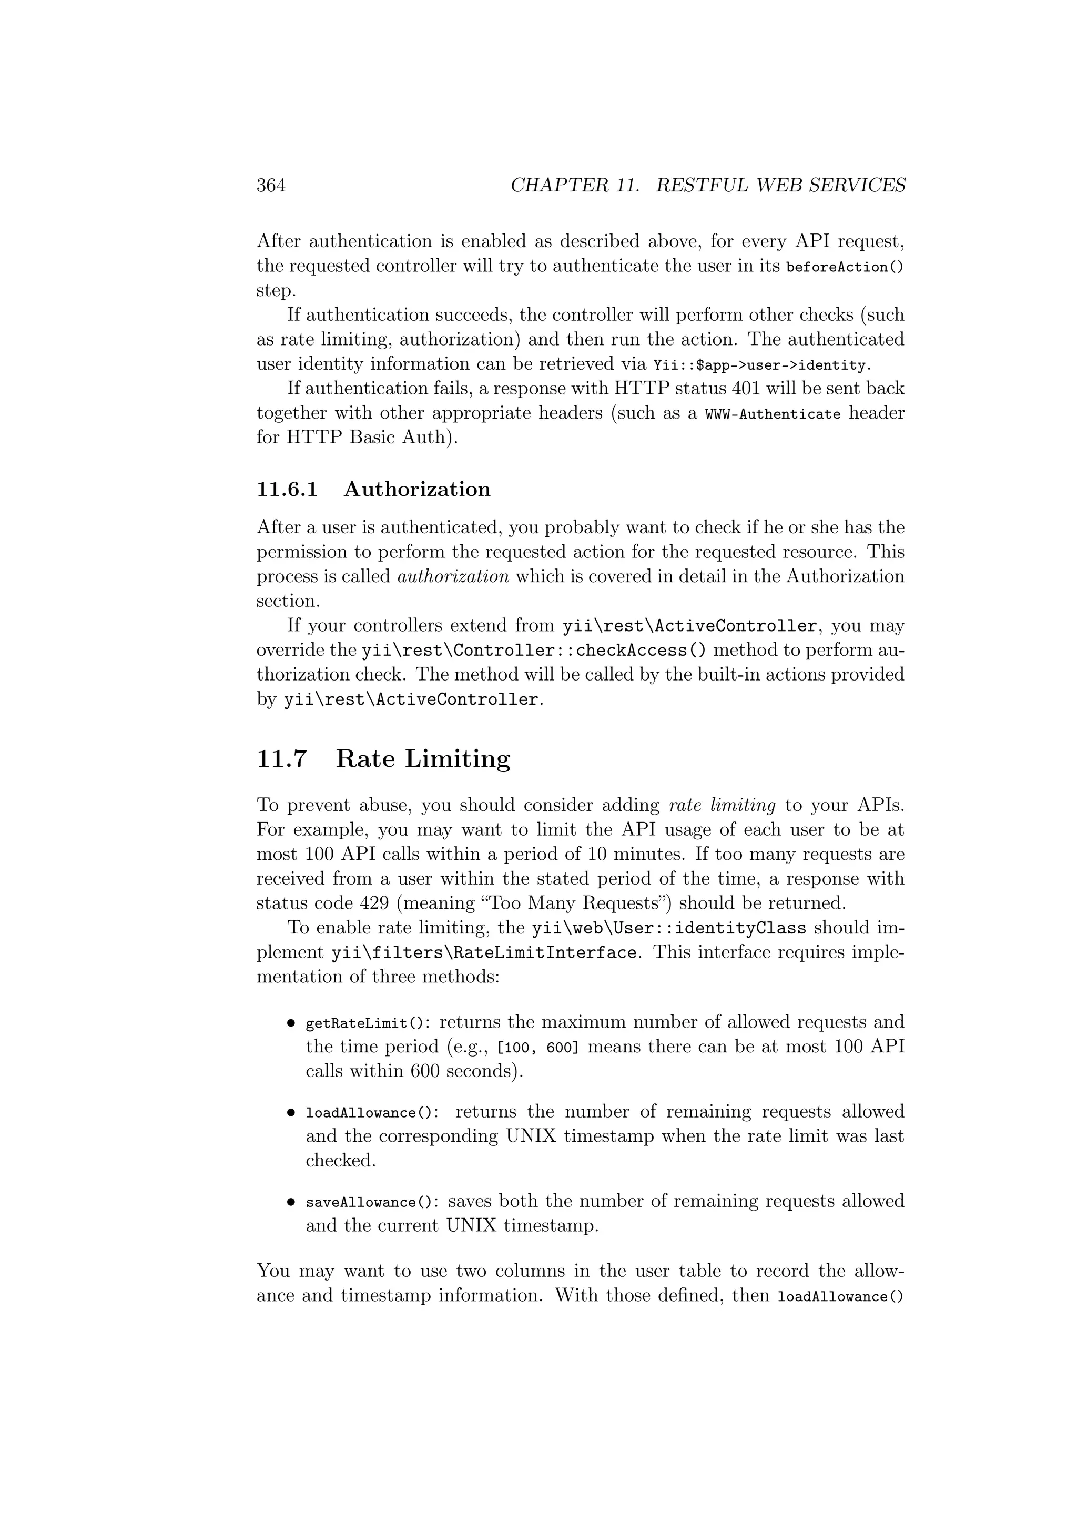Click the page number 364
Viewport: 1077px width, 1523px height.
(271, 185)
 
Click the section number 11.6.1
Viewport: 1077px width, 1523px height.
(287, 489)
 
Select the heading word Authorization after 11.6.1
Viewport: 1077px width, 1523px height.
(417, 489)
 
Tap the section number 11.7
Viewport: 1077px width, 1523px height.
(282, 758)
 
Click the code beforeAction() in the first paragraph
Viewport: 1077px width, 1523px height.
(845, 267)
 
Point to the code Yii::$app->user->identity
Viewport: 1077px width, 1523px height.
(759, 365)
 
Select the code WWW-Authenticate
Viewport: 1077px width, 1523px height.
(773, 414)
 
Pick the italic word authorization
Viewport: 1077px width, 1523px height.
(453, 576)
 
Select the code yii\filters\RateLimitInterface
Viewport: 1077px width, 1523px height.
(484, 953)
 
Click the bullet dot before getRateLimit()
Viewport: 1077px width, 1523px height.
(290, 1023)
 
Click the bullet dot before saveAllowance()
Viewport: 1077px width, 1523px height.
(290, 1202)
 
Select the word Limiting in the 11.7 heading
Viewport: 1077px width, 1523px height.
(458, 758)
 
